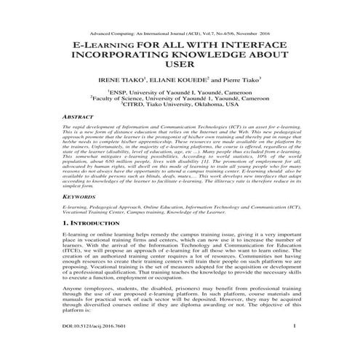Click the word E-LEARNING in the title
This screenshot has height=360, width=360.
click(104, 44)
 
